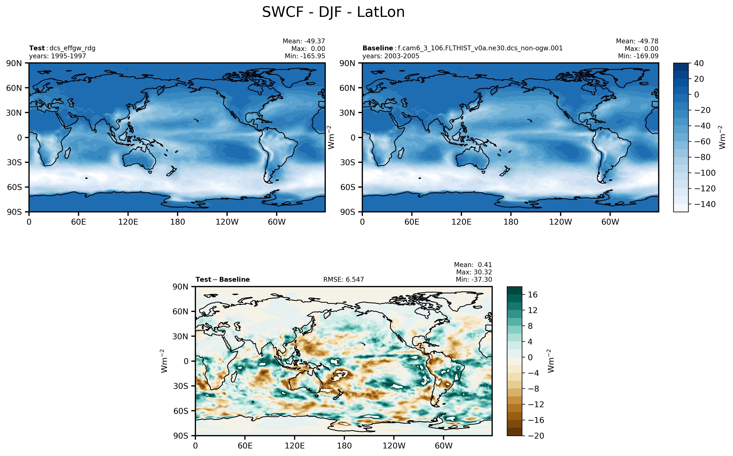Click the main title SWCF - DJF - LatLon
point(333,12)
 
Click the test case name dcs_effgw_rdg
point(72,48)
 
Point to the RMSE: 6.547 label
point(343,280)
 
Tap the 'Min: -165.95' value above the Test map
point(305,56)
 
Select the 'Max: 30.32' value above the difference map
point(474,272)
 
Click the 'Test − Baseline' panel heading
point(222,280)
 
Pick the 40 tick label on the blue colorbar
point(699,63)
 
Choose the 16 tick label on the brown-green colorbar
point(533,295)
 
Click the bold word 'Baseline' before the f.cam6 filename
point(377,48)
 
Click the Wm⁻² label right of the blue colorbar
point(722,137)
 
